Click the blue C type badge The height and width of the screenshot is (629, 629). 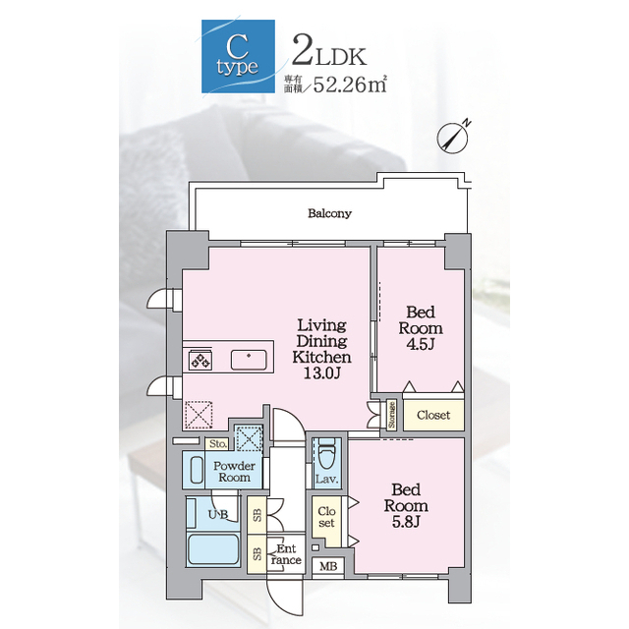[x=238, y=56]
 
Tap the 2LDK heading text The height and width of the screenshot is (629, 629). [x=329, y=51]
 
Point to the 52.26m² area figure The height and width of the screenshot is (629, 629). [x=350, y=84]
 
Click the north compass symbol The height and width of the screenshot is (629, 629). [x=453, y=138]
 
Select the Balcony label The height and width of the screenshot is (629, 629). [x=329, y=213]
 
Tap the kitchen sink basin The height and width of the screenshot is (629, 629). [x=249, y=360]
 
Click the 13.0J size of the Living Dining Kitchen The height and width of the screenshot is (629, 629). [x=321, y=373]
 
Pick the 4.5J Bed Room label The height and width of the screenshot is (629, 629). [x=421, y=328]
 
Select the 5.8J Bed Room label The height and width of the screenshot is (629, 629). [x=406, y=506]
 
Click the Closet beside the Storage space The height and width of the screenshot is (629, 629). [x=433, y=415]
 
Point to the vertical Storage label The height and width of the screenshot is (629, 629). [x=391, y=415]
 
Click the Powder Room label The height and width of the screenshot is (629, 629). [x=234, y=472]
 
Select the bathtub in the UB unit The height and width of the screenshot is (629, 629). [x=213, y=548]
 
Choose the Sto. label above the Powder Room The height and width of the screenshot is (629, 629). [x=218, y=444]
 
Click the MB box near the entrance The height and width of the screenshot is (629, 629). [x=328, y=566]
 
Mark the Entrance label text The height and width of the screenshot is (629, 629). [x=286, y=554]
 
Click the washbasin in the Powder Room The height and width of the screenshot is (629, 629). [x=197, y=470]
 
